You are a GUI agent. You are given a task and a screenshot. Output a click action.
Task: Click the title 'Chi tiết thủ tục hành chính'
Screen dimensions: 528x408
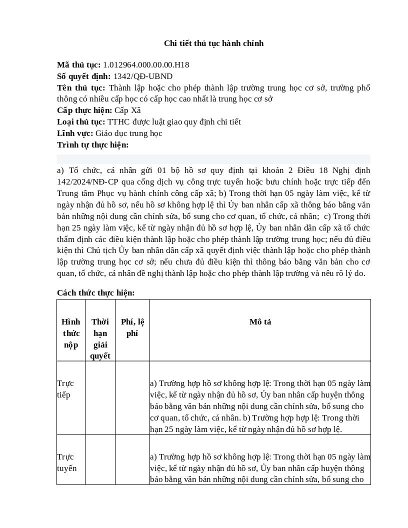[x=213, y=43]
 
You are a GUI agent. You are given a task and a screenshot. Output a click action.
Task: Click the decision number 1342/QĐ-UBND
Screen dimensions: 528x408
[x=143, y=76]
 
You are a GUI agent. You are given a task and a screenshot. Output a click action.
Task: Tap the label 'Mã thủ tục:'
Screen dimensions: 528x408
[x=79, y=65]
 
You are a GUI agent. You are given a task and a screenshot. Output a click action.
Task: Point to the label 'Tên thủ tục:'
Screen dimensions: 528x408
[x=81, y=88]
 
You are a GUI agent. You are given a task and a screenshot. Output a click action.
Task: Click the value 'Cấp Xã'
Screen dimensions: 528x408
[x=127, y=110]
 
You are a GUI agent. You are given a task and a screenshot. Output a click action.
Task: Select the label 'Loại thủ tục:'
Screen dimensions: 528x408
[x=81, y=122]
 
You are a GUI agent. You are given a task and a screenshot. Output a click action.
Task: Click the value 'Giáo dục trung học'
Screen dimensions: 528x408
[x=129, y=133]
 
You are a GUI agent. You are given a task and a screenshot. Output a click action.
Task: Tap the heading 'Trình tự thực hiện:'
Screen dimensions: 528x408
[x=92, y=145]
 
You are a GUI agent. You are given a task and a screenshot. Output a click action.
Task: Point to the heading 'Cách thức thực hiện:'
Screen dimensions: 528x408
[x=95, y=293]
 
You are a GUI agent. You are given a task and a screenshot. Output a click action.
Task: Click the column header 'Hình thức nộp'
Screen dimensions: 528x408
[x=71, y=333]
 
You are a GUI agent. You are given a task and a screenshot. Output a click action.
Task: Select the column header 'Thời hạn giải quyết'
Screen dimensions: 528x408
[x=100, y=338]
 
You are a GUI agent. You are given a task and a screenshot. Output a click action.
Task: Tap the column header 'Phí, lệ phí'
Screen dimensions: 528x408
[x=132, y=327]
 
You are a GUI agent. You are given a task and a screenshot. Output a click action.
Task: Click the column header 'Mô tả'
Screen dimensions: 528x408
[x=260, y=322]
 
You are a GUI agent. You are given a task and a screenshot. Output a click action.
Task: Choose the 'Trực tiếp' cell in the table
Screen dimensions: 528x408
[x=65, y=389]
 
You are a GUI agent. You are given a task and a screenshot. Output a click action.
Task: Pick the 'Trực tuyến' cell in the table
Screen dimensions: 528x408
[x=67, y=462]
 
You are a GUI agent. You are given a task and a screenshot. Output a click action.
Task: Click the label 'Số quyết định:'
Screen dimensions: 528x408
[x=84, y=76]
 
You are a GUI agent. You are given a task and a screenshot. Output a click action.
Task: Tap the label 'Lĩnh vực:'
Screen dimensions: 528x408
[x=75, y=133]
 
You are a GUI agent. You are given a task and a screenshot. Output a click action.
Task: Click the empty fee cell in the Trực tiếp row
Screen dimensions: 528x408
[x=132, y=397]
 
